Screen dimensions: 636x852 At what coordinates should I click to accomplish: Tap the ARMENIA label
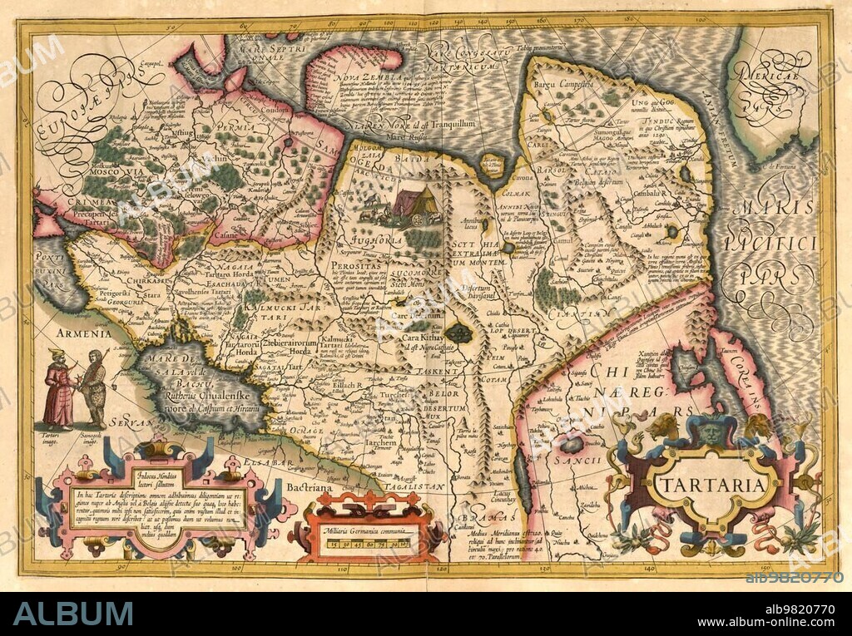[x=83, y=333]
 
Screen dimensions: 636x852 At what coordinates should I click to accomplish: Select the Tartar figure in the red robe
[x=60, y=390]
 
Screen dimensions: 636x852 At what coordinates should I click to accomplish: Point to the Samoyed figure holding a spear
[x=94, y=387]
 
